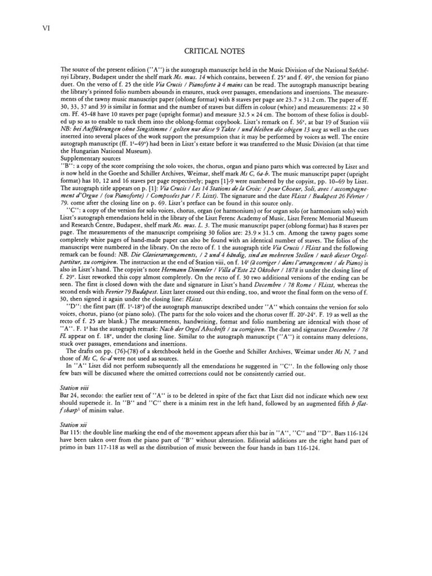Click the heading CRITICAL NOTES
point(216,52)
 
